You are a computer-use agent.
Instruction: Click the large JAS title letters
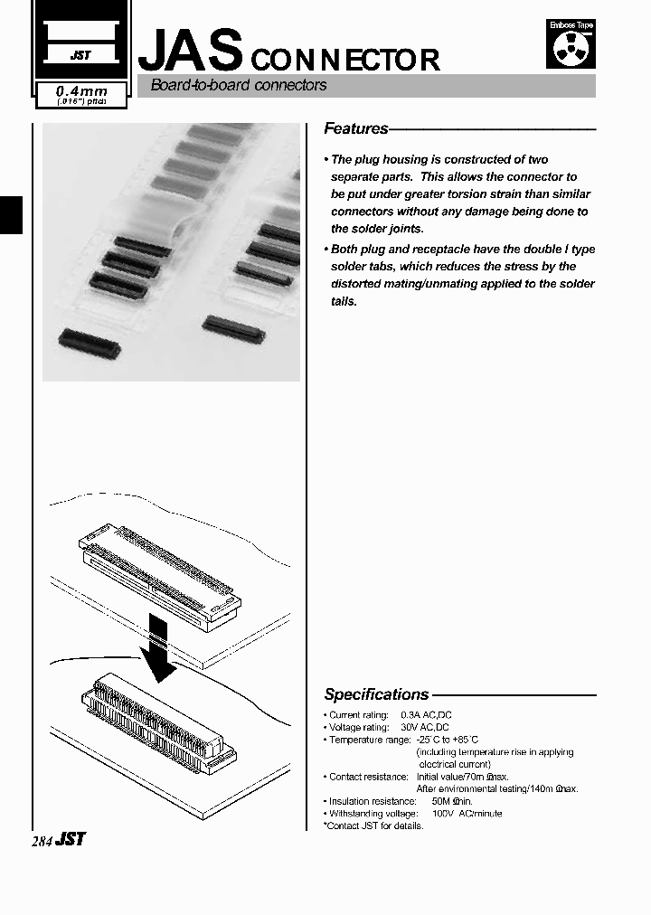coord(190,51)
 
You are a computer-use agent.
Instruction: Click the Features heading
coord(356,129)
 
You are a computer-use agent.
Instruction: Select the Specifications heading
coord(376,694)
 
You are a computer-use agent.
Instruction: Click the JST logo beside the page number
coord(71,840)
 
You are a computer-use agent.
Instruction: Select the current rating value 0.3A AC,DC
coord(426,715)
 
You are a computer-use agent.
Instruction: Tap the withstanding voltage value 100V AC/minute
coord(467,814)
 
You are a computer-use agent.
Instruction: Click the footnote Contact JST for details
coord(373,825)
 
